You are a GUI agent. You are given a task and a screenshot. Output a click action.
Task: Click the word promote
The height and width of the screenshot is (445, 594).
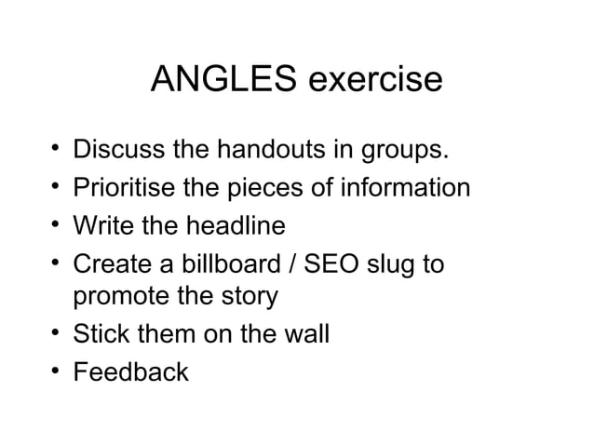pos(121,298)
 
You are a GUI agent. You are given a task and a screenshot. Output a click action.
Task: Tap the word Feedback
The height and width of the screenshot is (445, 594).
pos(130,371)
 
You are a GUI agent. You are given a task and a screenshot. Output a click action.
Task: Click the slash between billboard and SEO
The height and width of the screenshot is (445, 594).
pos(297,264)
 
